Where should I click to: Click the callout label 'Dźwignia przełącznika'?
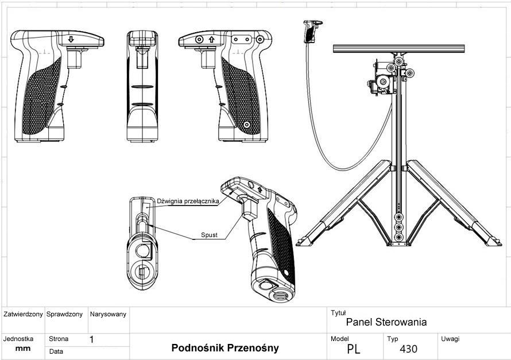tap(188, 202)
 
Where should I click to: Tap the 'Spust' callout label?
tap(209, 235)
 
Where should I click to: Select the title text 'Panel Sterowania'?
tap(386, 322)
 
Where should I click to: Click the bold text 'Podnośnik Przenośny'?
tap(225, 348)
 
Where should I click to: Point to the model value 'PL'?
tap(354, 349)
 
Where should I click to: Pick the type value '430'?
tap(409, 349)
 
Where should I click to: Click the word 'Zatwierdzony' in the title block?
tap(23, 315)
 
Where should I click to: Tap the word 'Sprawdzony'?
tap(65, 315)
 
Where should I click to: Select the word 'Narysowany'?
tap(108, 315)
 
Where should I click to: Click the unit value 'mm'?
tap(23, 349)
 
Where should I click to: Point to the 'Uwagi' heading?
tap(450, 339)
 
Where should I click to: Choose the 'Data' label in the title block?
tap(56, 351)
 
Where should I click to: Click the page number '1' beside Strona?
tap(92, 339)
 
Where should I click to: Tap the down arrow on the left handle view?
tap(71, 39)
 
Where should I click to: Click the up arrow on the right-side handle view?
tap(212, 40)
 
